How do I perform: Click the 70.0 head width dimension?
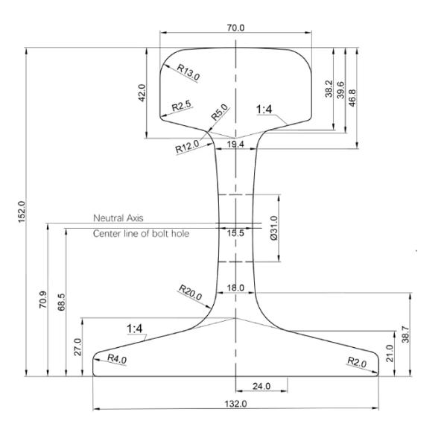(235, 28)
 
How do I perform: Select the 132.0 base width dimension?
(235, 403)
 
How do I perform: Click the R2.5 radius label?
(183, 107)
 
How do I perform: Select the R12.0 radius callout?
(188, 146)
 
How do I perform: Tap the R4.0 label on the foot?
(118, 358)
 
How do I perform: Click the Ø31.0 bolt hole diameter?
(273, 227)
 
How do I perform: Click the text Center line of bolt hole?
(141, 234)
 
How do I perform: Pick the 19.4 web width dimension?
(235, 144)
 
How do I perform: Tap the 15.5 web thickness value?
(235, 232)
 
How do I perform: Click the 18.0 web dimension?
(235, 288)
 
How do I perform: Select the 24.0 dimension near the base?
(261, 386)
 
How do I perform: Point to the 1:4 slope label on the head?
(264, 110)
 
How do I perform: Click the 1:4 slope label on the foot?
(135, 328)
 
